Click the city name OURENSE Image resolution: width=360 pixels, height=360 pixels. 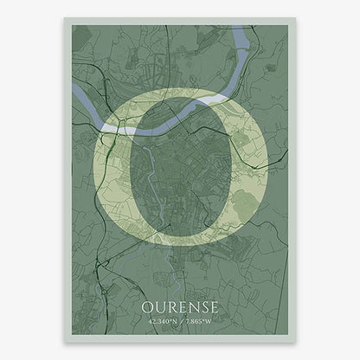coord(180,308)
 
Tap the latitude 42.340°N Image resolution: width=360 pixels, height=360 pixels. coord(162,324)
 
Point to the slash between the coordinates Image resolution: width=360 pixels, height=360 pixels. coord(180,324)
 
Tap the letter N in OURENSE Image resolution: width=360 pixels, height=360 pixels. coord(190,308)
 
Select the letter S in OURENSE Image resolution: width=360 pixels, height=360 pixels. coord(202,308)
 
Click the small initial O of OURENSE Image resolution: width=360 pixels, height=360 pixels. coord(148,308)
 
